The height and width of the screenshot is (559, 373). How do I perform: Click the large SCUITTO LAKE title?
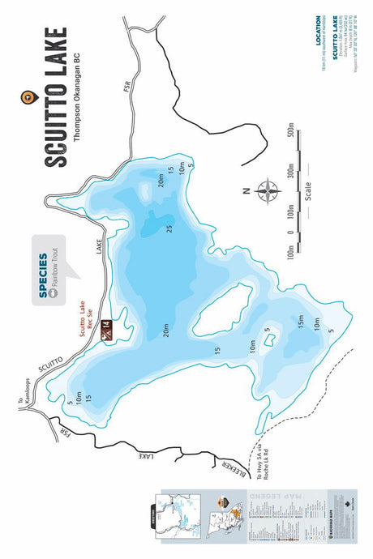56,97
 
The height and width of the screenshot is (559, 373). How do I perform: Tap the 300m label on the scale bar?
289,172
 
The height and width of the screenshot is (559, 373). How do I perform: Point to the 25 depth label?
169,228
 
